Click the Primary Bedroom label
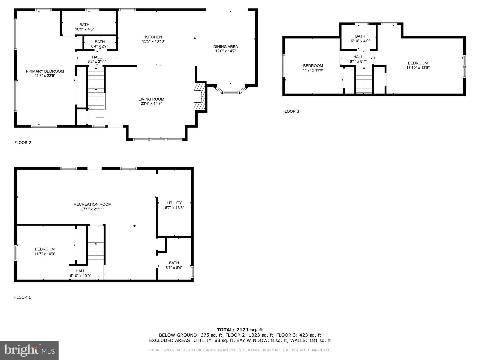45,71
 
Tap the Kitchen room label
153,37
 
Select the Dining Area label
226,47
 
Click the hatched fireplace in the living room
199,96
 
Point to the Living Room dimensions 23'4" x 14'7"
151,104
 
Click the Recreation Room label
92,204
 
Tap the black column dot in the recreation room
135,226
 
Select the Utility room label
174,203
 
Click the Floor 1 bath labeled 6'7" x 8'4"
174,265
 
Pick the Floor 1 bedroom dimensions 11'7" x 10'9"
45,254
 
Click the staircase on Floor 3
364,80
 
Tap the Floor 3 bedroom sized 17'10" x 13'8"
418,65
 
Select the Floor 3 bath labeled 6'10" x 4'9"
360,39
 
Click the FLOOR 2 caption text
23,143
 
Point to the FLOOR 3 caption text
291,111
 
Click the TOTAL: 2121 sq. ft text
240,330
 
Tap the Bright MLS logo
29,350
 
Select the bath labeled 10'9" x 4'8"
84,27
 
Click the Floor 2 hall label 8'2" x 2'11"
97,59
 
